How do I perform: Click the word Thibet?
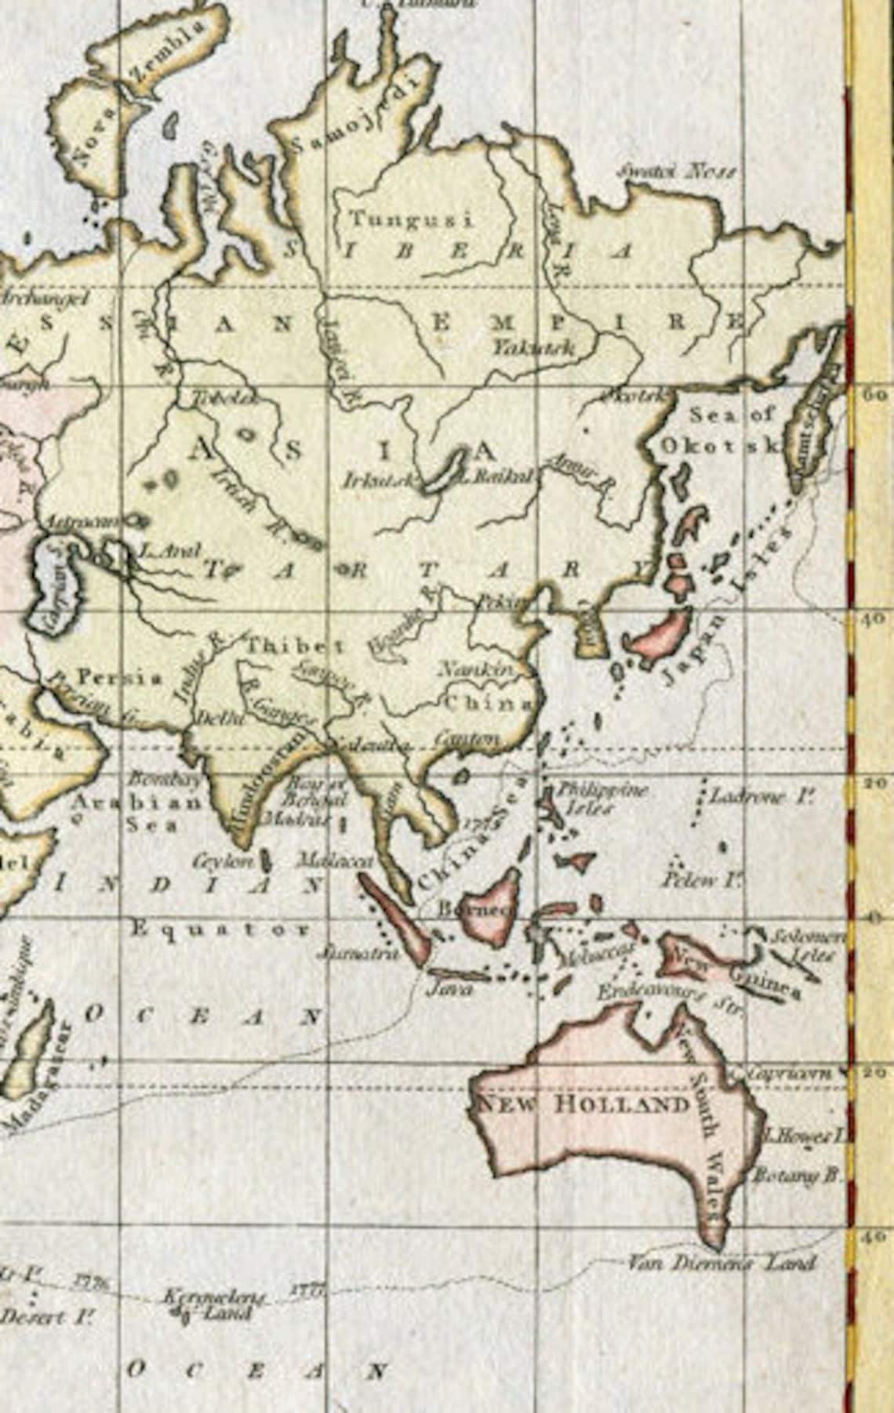[296, 647]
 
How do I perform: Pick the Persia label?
[120, 676]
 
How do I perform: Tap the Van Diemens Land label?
[721, 1262]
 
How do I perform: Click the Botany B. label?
[797, 1175]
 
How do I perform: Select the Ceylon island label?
[224, 860]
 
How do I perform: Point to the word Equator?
[220, 929]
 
